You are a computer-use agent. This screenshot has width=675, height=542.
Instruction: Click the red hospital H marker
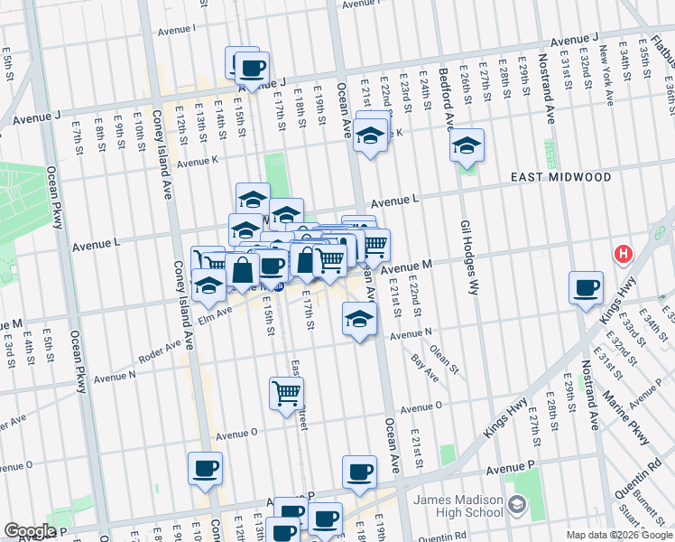623,255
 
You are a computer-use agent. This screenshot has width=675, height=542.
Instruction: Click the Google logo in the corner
29,531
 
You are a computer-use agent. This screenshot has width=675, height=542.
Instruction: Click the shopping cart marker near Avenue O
287,394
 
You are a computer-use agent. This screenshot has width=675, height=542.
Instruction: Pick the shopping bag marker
243,270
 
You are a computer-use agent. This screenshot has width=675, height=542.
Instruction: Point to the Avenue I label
177,30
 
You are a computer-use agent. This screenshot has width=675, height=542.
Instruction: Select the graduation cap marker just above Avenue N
359,320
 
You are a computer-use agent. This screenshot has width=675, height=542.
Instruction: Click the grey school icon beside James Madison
517,503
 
